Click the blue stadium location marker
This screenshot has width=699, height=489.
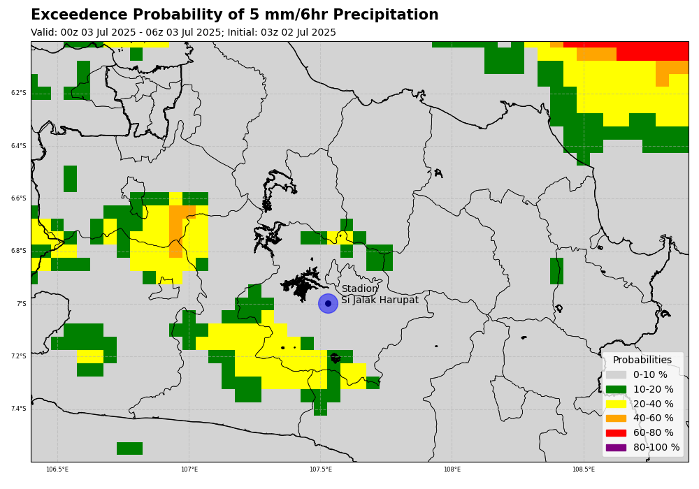tap(328, 303)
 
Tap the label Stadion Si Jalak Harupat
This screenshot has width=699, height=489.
tap(380, 294)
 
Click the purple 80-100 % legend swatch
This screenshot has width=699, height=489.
tap(616, 447)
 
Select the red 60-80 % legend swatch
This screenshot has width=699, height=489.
tap(616, 432)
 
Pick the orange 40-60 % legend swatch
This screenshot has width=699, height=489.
tap(616, 418)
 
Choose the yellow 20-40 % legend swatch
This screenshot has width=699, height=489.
tap(616, 404)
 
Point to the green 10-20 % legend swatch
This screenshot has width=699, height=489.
tap(616, 389)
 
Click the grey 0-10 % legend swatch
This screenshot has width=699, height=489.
tap(616, 374)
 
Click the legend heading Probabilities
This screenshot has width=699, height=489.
tap(642, 360)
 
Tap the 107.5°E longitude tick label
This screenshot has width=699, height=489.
tap(321, 469)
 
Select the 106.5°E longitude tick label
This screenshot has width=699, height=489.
tap(57, 469)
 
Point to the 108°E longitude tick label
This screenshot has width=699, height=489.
tap(452, 469)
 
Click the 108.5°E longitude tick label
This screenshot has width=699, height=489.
tap(584, 469)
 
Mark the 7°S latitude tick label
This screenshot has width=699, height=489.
tap(22, 304)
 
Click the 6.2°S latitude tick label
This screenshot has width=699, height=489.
tap(19, 93)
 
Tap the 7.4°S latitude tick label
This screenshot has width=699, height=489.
tap(19, 409)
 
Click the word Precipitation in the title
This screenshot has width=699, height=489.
tap(386, 15)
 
